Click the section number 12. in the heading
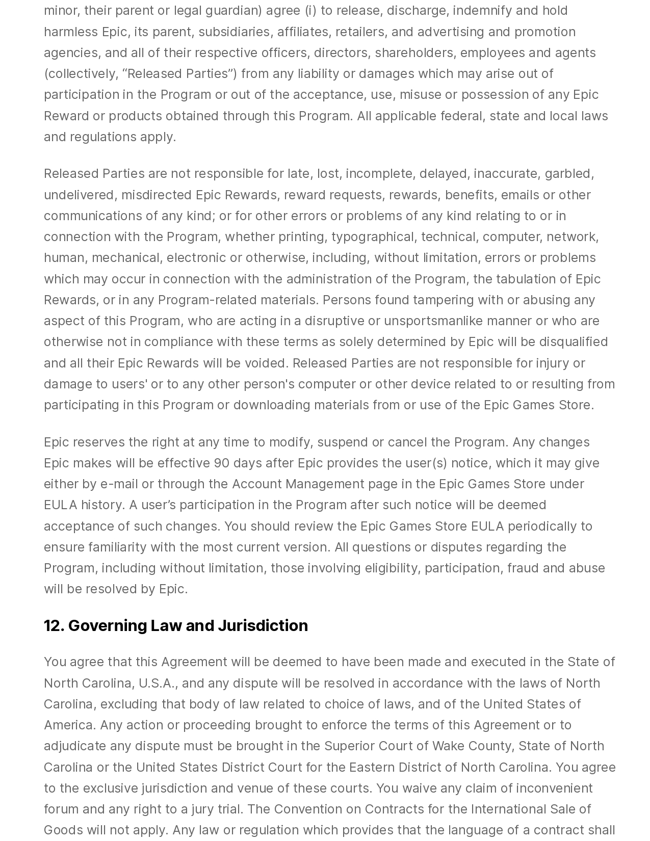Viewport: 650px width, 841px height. coord(54,625)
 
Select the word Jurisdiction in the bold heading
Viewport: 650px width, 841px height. coord(263,625)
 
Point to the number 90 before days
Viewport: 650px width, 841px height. coord(221,463)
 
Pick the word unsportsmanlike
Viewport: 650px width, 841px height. coord(433,321)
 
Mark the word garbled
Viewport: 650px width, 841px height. coord(568,173)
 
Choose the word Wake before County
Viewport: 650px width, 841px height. coord(449,746)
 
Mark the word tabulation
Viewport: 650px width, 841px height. coord(527,279)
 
